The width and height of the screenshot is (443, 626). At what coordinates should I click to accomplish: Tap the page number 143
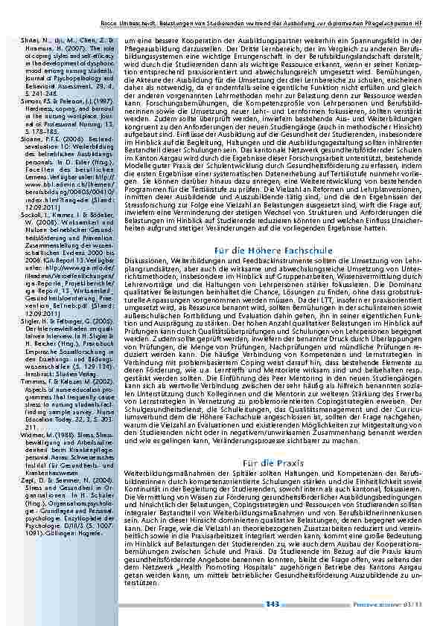[x=273, y=604]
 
